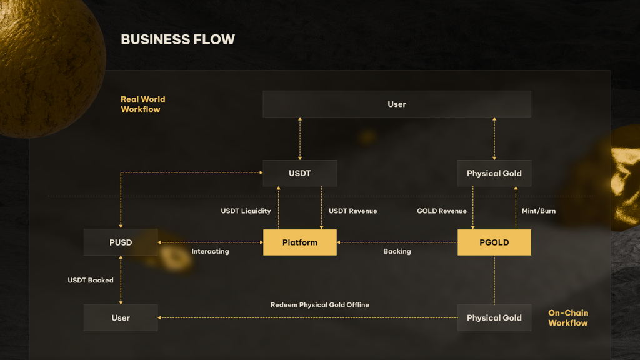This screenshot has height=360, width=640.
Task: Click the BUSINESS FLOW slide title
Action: (x=177, y=39)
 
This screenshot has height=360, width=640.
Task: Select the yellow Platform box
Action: (x=299, y=242)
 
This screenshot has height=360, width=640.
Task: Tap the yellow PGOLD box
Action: (x=494, y=242)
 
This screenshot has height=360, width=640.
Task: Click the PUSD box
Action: (x=121, y=242)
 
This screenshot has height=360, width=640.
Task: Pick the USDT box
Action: (x=299, y=173)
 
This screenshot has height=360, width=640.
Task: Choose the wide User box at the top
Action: (x=396, y=104)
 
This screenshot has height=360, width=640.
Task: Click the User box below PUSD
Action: (x=121, y=317)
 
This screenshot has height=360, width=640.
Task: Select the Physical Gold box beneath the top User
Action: (x=494, y=173)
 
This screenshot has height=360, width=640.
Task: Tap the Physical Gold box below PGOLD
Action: (x=494, y=317)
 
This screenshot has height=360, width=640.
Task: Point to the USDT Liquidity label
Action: (x=246, y=211)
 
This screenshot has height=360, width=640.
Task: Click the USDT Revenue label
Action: (x=352, y=211)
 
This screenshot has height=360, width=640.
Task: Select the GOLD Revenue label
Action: (x=441, y=211)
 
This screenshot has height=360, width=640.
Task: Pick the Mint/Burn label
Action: (x=538, y=211)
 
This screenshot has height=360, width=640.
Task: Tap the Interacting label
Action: (x=210, y=251)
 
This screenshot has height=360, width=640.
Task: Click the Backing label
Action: (x=397, y=251)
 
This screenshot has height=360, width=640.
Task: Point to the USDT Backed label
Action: (x=91, y=281)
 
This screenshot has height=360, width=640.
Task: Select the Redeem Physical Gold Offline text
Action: (x=319, y=305)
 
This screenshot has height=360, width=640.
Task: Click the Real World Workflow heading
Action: (x=142, y=104)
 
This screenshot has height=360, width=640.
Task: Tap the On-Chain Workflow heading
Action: (x=567, y=317)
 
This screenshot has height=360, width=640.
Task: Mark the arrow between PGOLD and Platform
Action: (x=397, y=242)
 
